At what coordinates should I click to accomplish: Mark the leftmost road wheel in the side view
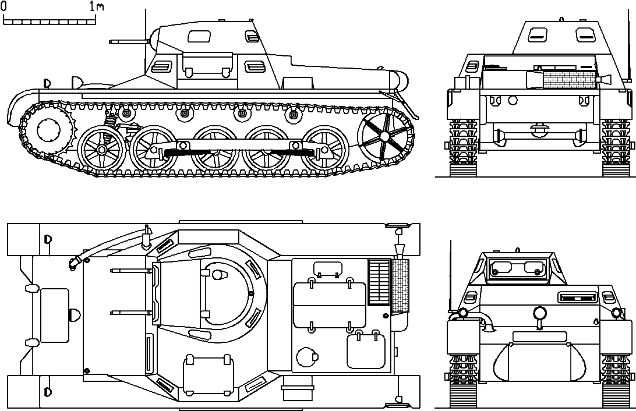point(100,150)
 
